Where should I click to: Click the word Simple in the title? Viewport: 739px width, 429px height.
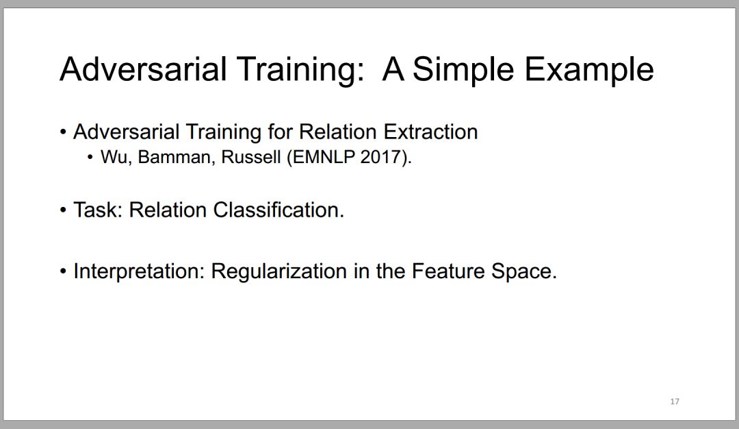coord(463,71)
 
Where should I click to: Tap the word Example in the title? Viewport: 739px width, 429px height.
coord(589,69)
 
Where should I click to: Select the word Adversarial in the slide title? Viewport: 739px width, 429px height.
coord(143,69)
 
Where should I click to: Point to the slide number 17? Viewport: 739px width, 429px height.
coord(675,401)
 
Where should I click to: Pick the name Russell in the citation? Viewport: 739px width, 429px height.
coord(250,157)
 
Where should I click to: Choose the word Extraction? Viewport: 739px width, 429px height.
coord(430,132)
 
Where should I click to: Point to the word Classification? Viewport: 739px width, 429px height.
coord(278,210)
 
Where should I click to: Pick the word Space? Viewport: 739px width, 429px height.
coord(523,271)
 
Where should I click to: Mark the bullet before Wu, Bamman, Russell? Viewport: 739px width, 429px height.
coord(90,158)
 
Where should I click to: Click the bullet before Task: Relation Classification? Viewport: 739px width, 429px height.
coord(63,210)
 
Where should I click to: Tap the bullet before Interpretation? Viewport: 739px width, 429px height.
coord(63,272)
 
